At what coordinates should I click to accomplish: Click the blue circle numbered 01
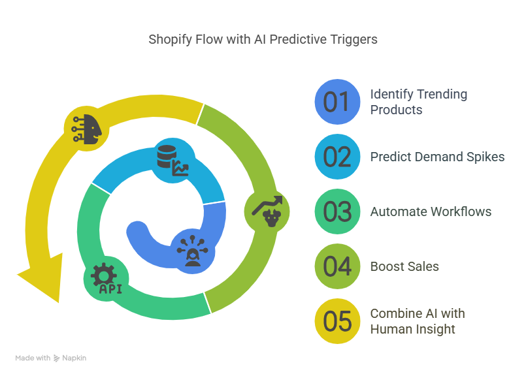pyautogui.click(x=337, y=102)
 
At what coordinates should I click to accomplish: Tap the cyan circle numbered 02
pyautogui.click(x=337, y=157)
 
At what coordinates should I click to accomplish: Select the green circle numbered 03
pyautogui.click(x=337, y=211)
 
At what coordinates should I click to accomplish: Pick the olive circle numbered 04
pyautogui.click(x=337, y=266)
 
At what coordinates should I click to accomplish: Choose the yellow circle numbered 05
pyautogui.click(x=337, y=321)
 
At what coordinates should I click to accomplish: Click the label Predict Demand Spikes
pyautogui.click(x=437, y=157)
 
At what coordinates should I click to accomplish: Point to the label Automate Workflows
pyautogui.click(x=431, y=211)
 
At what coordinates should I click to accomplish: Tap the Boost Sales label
pyautogui.click(x=404, y=267)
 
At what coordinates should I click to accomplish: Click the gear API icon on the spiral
pyautogui.click(x=106, y=279)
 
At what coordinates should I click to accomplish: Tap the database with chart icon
pyautogui.click(x=173, y=161)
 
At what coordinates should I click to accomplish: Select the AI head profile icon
pyautogui.click(x=86, y=129)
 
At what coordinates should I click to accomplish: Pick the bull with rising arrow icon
pyautogui.click(x=267, y=211)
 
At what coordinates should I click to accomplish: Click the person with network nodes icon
pyautogui.click(x=193, y=251)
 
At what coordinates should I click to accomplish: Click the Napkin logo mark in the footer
pyautogui.click(x=56, y=358)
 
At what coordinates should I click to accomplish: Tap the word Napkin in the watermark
pyautogui.click(x=74, y=358)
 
